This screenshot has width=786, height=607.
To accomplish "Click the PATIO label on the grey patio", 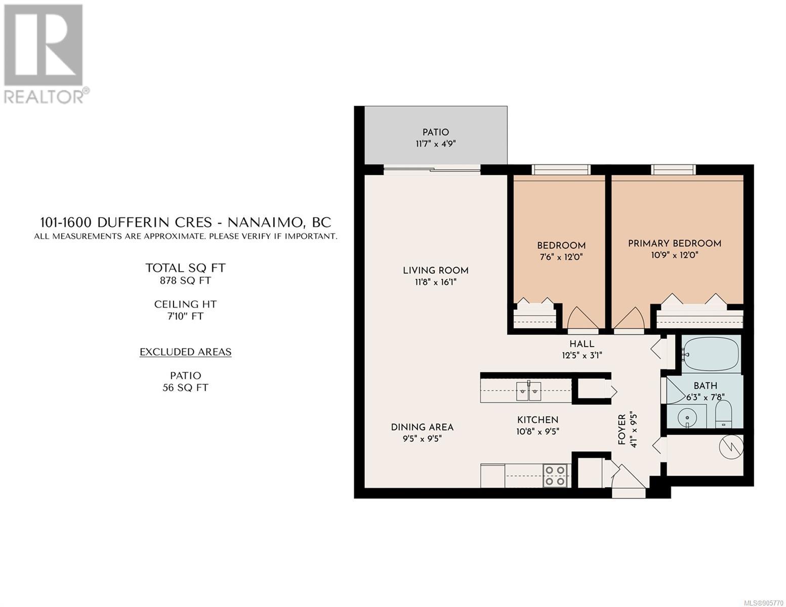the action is (435, 133).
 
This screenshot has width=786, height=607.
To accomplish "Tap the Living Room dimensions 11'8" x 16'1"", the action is (435, 282).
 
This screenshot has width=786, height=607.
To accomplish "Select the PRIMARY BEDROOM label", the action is (675, 243).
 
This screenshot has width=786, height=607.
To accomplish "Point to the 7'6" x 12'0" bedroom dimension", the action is (561, 257).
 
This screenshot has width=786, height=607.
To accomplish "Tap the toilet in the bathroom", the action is (723, 413).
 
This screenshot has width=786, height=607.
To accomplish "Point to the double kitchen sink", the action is (528, 391).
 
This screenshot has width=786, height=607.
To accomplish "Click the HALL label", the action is (582, 344).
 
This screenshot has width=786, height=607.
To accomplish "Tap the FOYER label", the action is (622, 429).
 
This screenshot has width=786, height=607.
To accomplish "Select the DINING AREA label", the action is (422, 427).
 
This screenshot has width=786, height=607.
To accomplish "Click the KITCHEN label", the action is (538, 420).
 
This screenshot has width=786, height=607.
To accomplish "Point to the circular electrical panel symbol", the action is (731, 447).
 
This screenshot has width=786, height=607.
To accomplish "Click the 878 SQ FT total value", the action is (185, 281).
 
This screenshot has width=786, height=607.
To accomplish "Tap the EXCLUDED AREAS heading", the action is (186, 352).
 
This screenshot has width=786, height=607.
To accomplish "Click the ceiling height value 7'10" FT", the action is (185, 316).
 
